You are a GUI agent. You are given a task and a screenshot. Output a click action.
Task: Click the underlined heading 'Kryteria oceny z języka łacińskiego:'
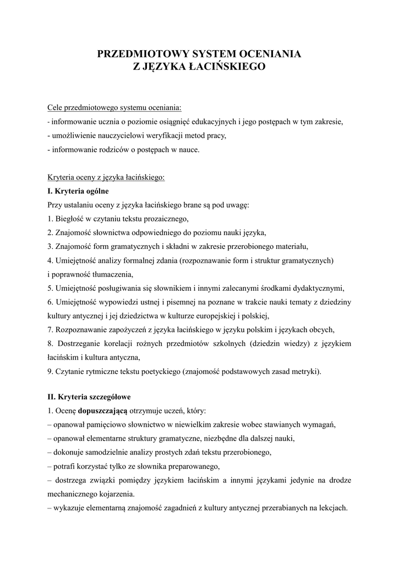[x=106, y=177]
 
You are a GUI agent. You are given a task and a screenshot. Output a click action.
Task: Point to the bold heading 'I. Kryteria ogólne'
[x=78, y=191]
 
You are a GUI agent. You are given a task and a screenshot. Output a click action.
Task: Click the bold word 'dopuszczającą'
[x=103, y=411]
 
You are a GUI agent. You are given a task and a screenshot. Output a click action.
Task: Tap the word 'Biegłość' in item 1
[x=70, y=219]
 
